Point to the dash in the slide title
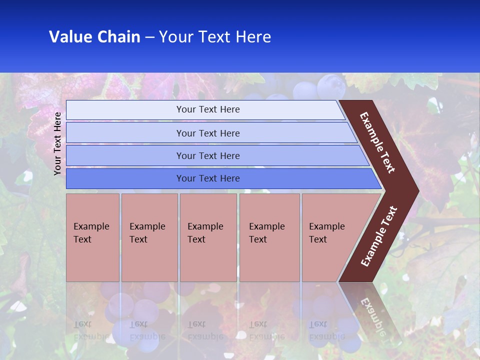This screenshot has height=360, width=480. [x=149, y=37]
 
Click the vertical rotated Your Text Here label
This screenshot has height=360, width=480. [x=57, y=143]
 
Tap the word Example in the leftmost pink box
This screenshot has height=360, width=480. [x=91, y=226]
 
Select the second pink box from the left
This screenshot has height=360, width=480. [x=149, y=237]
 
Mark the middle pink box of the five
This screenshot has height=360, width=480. [x=208, y=237]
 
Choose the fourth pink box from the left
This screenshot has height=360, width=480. [x=269, y=237]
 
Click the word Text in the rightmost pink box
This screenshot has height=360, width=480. [x=318, y=239]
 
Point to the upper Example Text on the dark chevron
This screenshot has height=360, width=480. [x=377, y=142]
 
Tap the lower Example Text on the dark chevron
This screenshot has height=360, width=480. [x=379, y=236]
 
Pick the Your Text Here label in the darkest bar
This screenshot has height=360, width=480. [x=208, y=178]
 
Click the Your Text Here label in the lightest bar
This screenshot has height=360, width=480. [x=208, y=109]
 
